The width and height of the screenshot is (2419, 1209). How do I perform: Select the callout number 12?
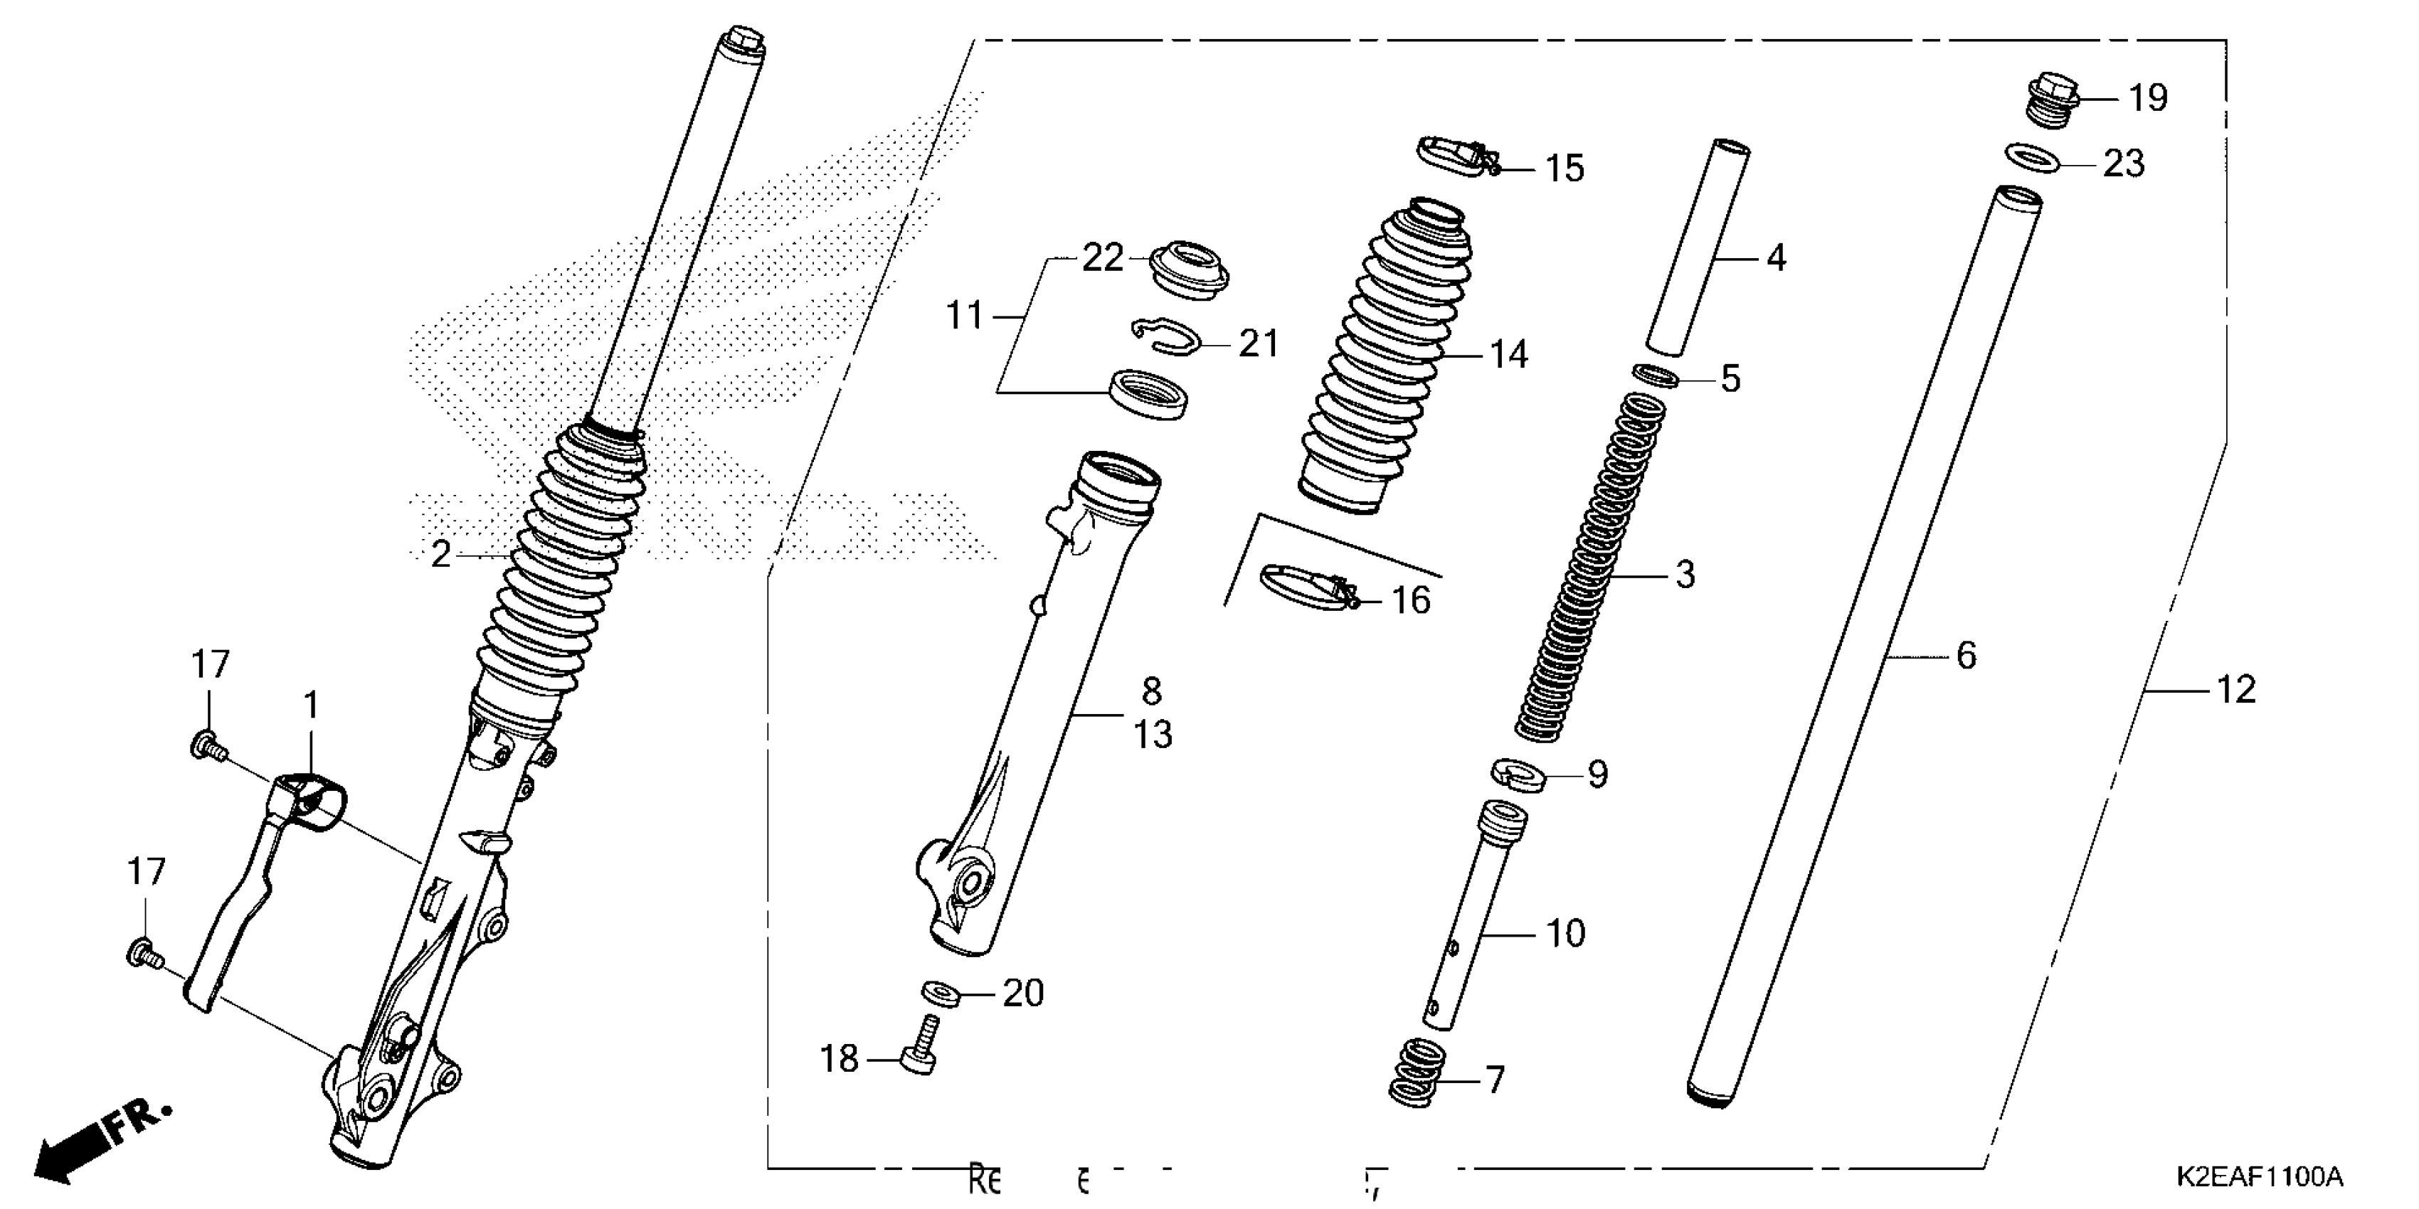[x=2236, y=690]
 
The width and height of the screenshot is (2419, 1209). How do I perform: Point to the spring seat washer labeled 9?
[x=1518, y=774]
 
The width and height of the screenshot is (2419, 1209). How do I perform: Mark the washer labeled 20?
[x=940, y=991]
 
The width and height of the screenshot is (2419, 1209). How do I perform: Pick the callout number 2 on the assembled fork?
[x=440, y=555]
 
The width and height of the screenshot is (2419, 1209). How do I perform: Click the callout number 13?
[x=1152, y=734]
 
